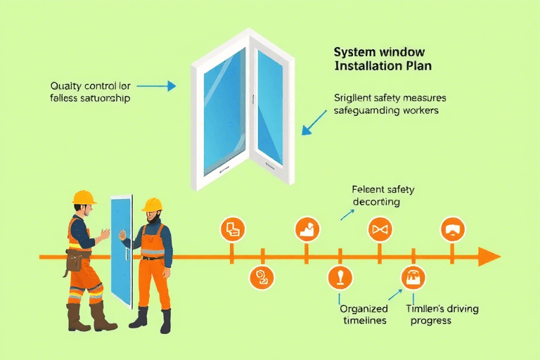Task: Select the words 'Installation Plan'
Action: click(x=382, y=66)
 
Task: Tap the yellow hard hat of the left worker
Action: click(x=84, y=197)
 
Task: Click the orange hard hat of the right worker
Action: click(x=152, y=205)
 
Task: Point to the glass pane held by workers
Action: click(x=122, y=250)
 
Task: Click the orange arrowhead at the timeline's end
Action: click(x=489, y=257)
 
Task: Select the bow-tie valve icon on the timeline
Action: click(x=380, y=230)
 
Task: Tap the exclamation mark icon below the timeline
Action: click(x=340, y=278)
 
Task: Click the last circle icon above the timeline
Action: click(x=453, y=230)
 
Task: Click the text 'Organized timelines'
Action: click(x=363, y=314)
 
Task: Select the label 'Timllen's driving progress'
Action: click(x=429, y=314)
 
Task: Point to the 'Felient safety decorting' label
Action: click(x=382, y=195)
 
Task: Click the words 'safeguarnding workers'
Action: click(x=395, y=110)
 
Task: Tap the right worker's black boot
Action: click(x=165, y=321)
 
